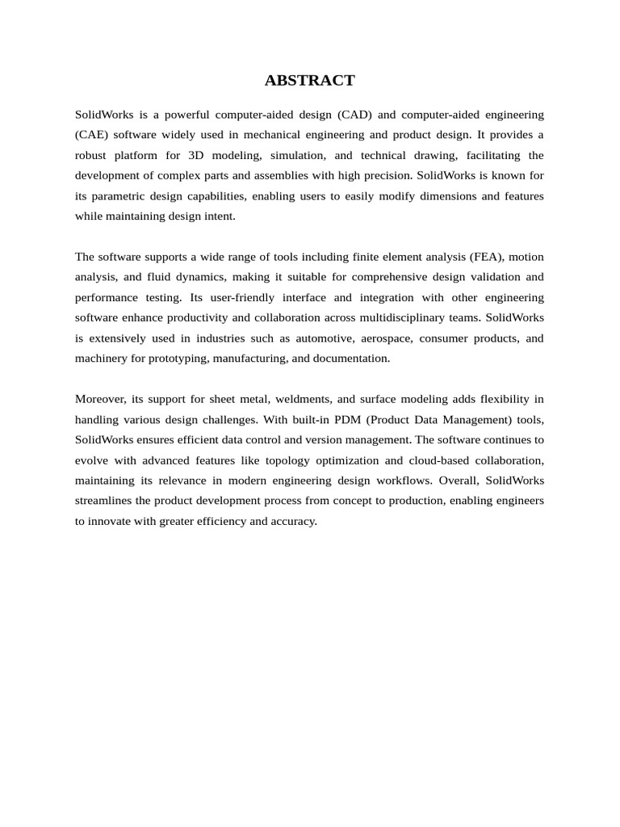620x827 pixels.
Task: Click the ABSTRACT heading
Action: tap(310, 80)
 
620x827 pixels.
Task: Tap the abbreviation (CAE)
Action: tap(92, 135)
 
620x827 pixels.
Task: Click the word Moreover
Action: tap(99, 399)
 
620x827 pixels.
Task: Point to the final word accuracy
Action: tap(294, 521)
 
